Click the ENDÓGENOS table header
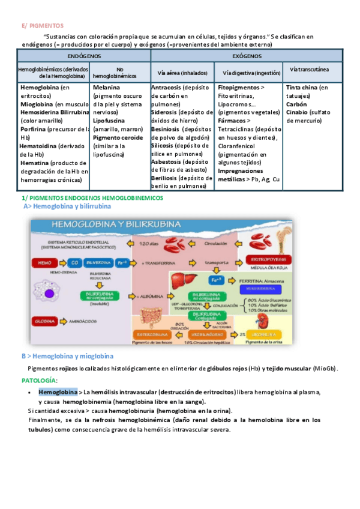(84, 55)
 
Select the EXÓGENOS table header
(246, 55)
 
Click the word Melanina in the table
(106, 88)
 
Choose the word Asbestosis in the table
(168, 162)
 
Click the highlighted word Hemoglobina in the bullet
(58, 392)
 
